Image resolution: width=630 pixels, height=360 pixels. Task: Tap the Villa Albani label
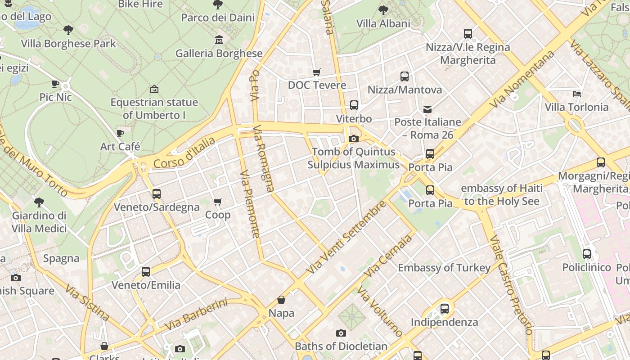point(383,23)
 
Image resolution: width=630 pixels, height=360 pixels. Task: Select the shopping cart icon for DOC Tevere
point(317,72)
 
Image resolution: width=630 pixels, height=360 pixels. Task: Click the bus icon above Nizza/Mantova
point(404,76)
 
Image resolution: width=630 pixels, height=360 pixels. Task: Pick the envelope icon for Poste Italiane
point(427,109)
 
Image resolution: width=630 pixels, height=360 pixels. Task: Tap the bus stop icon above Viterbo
point(354,105)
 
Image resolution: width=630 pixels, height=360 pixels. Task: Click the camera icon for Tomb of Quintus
point(353,139)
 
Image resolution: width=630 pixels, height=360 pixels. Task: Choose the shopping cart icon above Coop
point(218,202)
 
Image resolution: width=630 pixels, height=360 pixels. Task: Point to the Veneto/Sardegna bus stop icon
point(156,194)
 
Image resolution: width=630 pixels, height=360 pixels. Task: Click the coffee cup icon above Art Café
point(120,133)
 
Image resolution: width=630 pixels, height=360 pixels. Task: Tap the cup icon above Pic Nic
point(55,84)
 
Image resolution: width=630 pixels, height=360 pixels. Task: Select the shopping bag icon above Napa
point(281,300)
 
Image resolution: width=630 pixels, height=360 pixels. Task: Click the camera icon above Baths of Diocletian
point(341,333)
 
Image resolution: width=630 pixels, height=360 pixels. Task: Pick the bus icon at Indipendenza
point(444,309)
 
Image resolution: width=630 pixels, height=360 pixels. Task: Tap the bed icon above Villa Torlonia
point(576,94)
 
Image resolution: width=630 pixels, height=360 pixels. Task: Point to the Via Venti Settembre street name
point(346,237)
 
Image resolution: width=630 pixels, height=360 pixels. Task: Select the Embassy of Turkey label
point(444,268)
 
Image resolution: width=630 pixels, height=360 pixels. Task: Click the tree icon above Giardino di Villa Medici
point(39,202)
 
